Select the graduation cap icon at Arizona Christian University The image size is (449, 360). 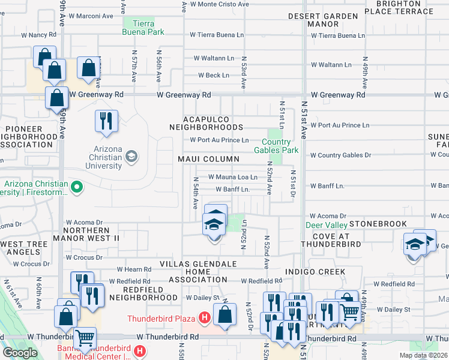coord(130,157)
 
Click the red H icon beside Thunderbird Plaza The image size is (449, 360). coord(205,316)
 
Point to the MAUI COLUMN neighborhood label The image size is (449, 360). coord(208,159)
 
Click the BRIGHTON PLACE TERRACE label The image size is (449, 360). coord(406,7)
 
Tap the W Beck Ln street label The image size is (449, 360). coord(214,76)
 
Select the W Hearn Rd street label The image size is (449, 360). coord(133,270)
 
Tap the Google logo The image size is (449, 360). coord(20,352)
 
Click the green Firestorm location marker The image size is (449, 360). coord(76,188)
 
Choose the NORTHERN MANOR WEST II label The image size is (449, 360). coord(92,234)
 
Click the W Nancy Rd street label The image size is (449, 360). coord(38,35)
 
